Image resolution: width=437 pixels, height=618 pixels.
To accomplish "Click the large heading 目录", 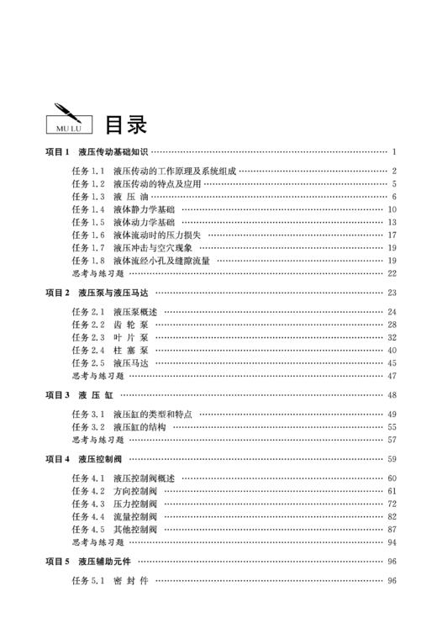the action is (125, 124).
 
